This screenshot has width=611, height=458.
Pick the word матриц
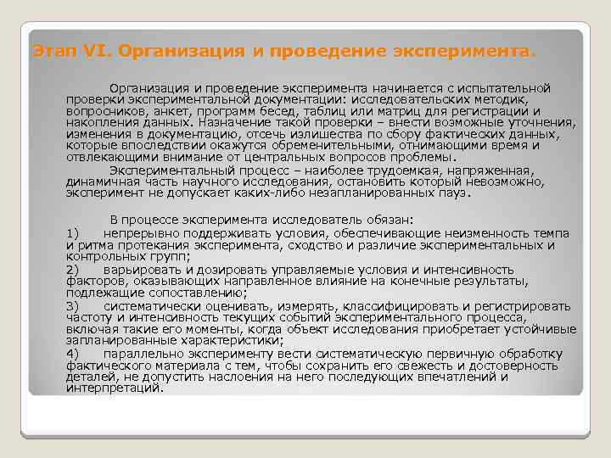coord(427,111)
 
